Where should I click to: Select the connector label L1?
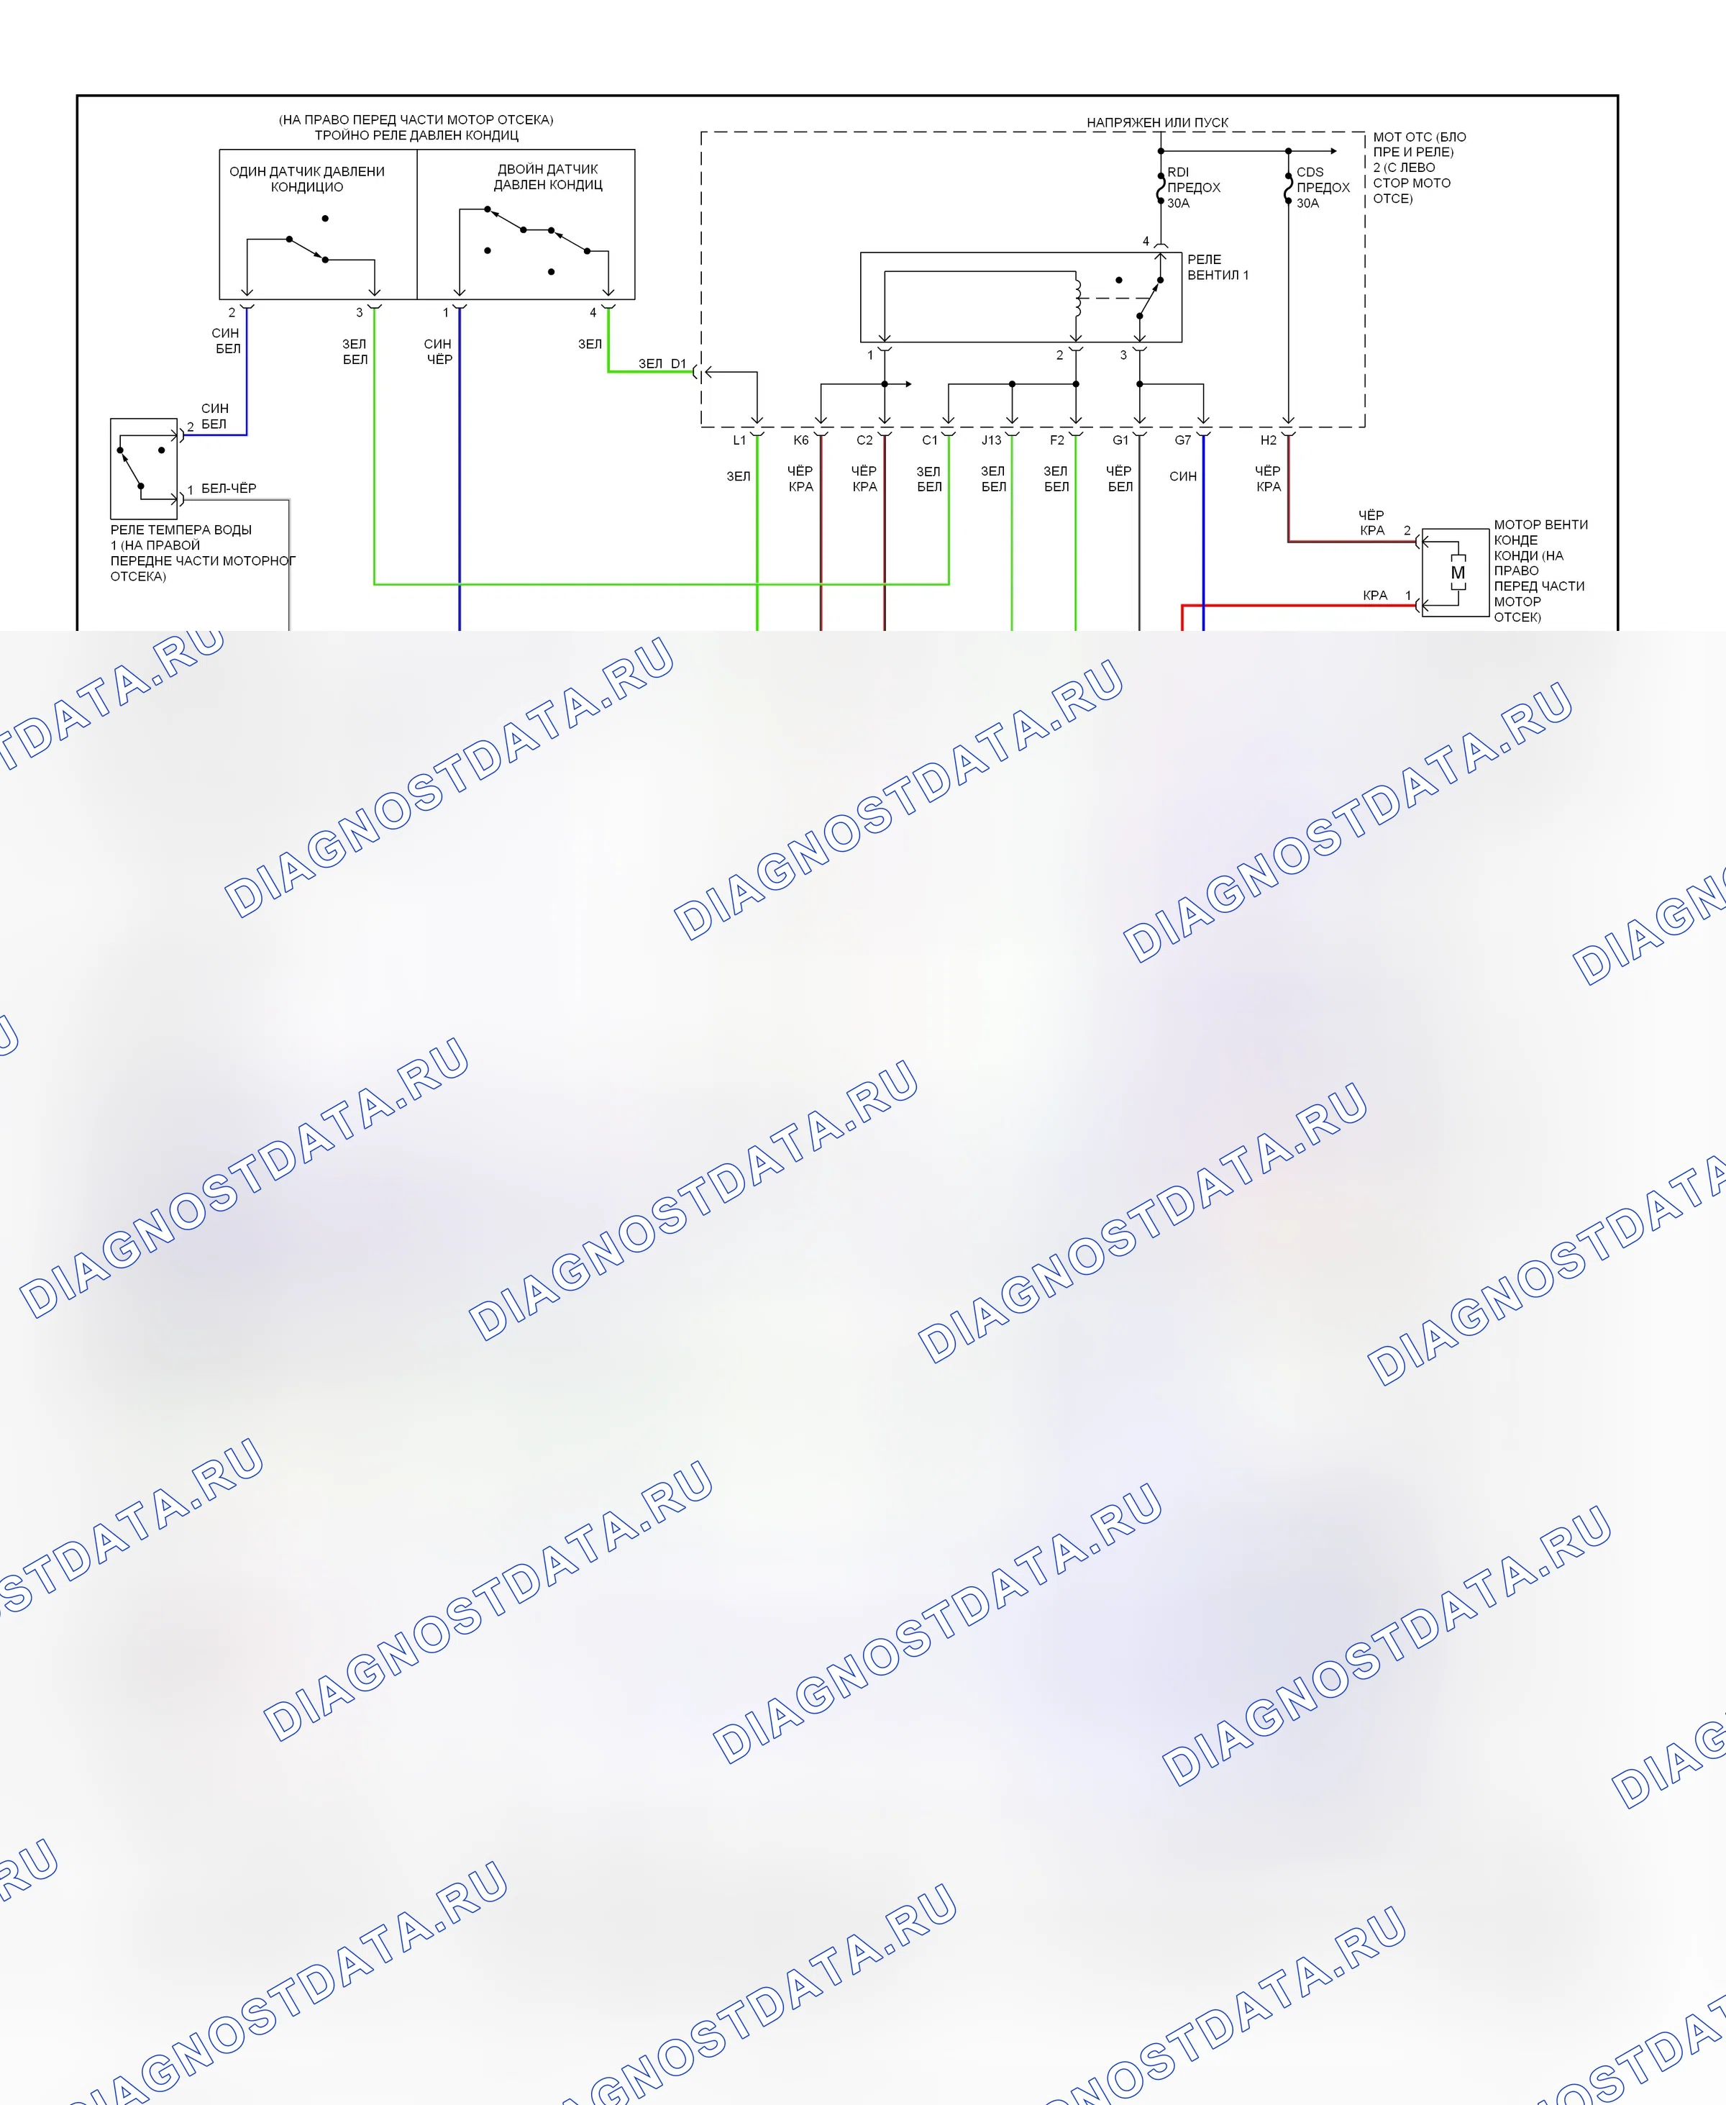point(739,440)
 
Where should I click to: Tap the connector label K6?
point(801,440)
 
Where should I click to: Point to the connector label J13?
point(991,440)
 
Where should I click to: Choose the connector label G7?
point(1182,440)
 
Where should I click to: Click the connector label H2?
point(1269,440)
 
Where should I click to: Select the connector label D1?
point(678,364)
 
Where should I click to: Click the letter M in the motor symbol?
point(1458,573)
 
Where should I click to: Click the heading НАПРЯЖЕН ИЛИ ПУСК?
point(1157,122)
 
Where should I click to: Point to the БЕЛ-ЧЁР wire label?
point(229,488)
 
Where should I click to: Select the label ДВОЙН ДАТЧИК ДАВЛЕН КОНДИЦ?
point(548,177)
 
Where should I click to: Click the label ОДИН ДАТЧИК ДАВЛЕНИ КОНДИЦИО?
point(307,179)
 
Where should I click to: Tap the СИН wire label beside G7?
point(1183,476)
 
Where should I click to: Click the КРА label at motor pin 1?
point(1375,596)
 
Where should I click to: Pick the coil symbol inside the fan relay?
point(1077,296)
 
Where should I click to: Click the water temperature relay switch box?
point(144,469)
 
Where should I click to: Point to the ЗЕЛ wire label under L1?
point(739,476)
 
